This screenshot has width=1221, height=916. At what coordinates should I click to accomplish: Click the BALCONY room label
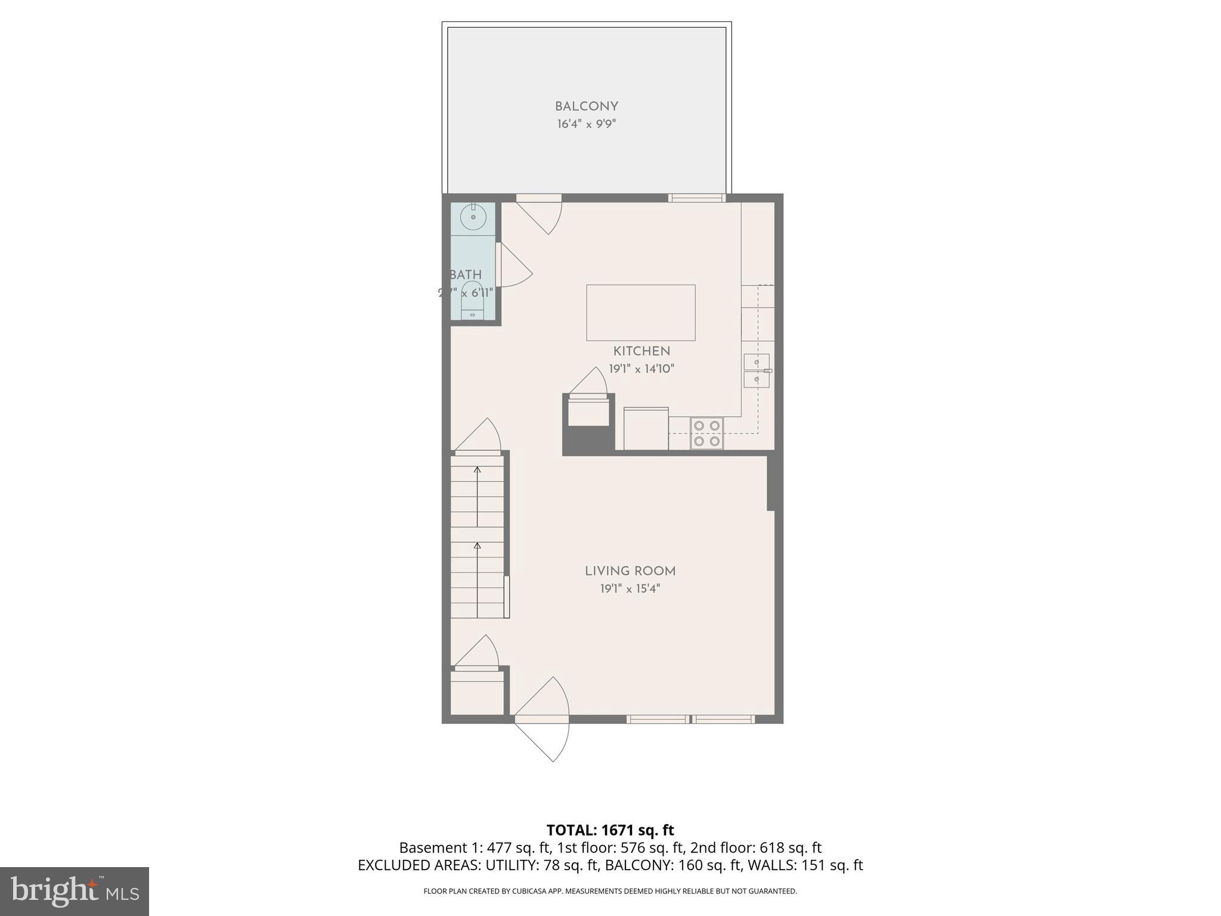(x=586, y=107)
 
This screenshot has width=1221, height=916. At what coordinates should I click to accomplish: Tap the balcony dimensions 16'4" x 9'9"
(x=586, y=124)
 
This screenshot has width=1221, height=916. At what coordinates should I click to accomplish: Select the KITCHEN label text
(x=642, y=351)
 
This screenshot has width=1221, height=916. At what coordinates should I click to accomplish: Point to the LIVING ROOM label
(x=630, y=571)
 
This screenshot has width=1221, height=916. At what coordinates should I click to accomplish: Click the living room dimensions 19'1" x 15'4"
(x=630, y=589)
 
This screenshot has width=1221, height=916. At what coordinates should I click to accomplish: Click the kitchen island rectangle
(x=640, y=312)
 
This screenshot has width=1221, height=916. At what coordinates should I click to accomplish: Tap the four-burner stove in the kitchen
(x=706, y=434)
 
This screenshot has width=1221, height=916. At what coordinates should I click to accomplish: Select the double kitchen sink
(x=757, y=370)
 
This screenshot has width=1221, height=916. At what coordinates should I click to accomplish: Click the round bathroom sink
(x=473, y=218)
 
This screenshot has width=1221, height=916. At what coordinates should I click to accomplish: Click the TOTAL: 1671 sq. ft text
(x=610, y=830)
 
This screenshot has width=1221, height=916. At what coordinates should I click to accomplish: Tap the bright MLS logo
(x=75, y=891)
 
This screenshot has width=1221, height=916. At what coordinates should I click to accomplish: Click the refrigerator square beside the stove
(x=646, y=429)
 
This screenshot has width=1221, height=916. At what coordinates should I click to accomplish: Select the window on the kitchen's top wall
(x=696, y=198)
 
